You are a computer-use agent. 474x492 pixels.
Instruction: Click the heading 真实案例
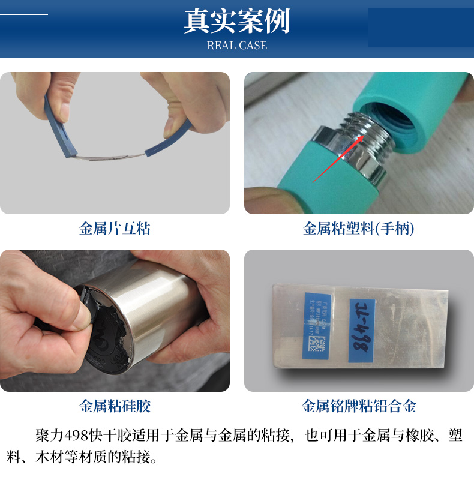click(x=236, y=21)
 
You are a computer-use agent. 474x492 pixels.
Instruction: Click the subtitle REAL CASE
click(x=236, y=46)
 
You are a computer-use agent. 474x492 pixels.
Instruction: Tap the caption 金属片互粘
click(x=115, y=229)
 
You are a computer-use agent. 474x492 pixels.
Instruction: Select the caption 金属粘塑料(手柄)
click(x=359, y=229)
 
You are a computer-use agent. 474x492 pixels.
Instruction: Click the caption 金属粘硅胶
click(x=115, y=406)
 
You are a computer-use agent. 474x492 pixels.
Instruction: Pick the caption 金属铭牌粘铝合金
click(x=359, y=406)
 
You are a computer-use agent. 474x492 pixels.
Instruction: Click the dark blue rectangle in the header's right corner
click(x=419, y=28)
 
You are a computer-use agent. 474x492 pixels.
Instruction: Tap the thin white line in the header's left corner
click(x=24, y=14)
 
